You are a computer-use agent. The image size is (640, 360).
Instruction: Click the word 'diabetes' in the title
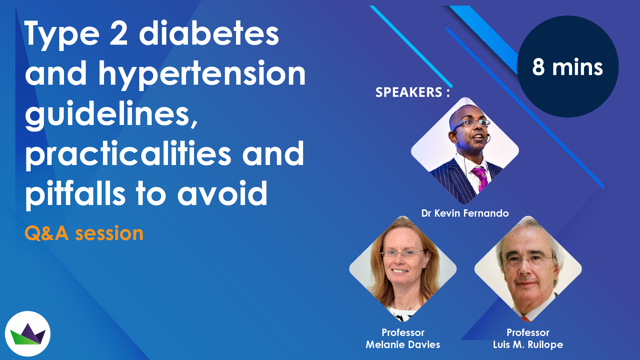(x=209, y=33)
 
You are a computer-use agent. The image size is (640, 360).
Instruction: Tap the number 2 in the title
(x=118, y=33)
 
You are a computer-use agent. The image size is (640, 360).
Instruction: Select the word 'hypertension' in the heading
(x=202, y=74)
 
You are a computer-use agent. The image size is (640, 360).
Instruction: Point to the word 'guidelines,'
(x=112, y=114)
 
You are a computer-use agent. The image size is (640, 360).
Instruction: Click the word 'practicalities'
(x=128, y=154)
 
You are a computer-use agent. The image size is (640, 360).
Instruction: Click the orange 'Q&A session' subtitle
(x=84, y=233)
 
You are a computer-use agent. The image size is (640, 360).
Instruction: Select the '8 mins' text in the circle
(x=567, y=67)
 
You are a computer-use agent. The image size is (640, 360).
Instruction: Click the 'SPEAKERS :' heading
(x=412, y=92)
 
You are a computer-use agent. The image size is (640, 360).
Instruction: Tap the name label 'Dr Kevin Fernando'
(x=465, y=213)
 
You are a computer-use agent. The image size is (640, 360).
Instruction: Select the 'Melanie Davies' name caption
(x=403, y=345)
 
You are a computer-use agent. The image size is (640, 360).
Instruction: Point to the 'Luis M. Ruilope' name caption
(x=528, y=345)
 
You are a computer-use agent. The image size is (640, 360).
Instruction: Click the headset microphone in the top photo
(x=488, y=135)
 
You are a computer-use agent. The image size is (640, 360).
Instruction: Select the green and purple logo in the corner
(x=28, y=334)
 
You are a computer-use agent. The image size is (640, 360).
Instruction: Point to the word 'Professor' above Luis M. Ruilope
(x=528, y=333)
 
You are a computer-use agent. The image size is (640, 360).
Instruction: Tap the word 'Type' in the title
(x=62, y=34)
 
